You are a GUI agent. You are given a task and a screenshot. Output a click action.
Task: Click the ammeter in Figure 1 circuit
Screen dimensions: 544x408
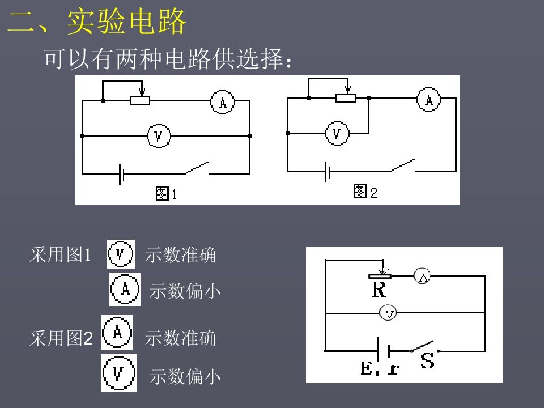223,102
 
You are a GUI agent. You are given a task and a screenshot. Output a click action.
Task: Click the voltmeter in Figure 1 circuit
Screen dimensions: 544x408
159,136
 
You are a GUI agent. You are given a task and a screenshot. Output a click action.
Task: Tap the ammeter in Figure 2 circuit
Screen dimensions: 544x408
429,100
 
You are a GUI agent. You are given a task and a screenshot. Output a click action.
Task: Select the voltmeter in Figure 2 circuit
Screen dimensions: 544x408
337,134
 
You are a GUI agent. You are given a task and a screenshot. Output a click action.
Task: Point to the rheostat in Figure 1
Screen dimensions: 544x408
140,101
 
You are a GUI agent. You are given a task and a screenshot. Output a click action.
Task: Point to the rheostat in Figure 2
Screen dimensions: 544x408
346,98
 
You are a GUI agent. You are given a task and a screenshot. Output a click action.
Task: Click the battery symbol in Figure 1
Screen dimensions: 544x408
121,174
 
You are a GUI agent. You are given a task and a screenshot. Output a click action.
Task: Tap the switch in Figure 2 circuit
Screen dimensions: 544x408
402,166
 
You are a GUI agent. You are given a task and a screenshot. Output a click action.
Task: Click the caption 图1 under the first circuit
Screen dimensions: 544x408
167,194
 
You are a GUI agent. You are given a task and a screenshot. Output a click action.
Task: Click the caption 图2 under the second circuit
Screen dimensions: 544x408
365,192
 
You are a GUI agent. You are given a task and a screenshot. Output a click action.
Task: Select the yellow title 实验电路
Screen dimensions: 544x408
126,22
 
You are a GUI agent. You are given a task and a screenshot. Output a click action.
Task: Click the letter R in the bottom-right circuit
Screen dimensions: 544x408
379,290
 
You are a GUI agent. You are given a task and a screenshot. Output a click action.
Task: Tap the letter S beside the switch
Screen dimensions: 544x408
427,361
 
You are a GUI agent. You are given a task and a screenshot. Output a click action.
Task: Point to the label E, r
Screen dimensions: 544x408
380,368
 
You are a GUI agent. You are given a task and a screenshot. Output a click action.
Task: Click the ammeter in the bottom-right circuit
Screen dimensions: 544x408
422,276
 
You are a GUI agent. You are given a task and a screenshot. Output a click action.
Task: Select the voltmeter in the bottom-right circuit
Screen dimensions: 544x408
388,313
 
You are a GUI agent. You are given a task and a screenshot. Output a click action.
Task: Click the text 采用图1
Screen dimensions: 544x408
61,254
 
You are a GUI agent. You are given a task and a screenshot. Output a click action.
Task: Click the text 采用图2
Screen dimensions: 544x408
61,338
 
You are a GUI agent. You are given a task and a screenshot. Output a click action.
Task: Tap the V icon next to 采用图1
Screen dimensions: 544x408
121,254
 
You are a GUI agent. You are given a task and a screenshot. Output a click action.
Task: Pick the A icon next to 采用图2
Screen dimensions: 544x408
117,333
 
